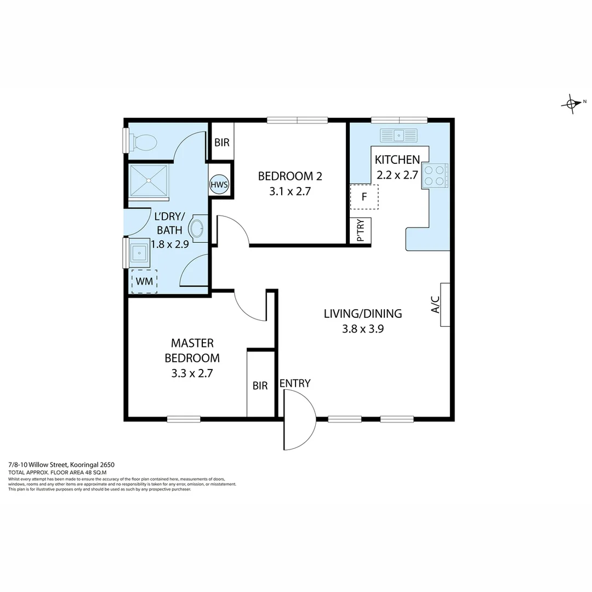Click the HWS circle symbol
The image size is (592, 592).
click(219, 185)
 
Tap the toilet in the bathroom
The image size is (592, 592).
click(144, 143)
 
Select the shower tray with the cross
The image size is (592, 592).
click(149, 180)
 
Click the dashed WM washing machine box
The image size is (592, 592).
click(144, 281)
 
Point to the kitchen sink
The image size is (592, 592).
click(399, 135)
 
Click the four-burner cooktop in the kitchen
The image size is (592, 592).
click(435, 176)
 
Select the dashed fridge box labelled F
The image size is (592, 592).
click(364, 197)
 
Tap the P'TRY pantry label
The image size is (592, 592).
click(361, 231)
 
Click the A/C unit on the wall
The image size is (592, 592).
click(445, 304)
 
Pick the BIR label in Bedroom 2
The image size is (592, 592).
click(222, 143)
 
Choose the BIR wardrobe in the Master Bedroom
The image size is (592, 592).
click(260, 385)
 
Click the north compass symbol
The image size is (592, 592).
click(572, 103)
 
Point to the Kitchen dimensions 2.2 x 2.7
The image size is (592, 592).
click(397, 175)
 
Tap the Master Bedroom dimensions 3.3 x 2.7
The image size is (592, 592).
click(192, 373)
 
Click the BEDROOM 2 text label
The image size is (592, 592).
click(290, 176)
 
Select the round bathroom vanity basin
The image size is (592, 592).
click(197, 228)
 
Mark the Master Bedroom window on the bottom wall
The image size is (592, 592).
click(184, 419)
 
